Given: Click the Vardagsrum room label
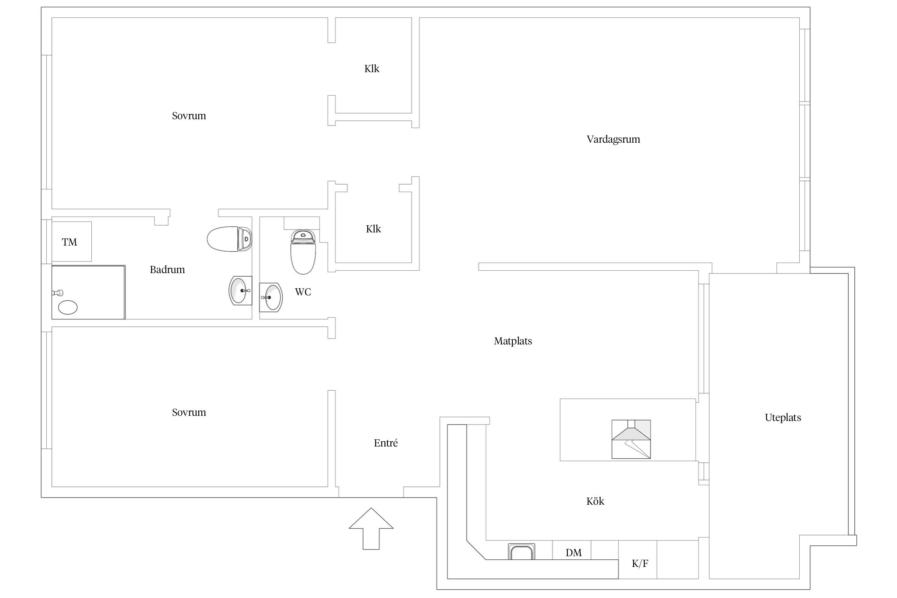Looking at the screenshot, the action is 613,139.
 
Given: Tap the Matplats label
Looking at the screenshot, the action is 513,341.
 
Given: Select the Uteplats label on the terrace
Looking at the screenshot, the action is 783,417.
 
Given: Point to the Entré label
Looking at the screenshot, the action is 386,443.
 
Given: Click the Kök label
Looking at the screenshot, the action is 595,501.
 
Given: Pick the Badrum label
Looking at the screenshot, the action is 167,269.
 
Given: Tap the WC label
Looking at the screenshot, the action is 303,292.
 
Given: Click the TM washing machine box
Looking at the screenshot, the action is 72,242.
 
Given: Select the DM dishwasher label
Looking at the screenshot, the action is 573,553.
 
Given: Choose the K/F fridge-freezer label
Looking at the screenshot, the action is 640,563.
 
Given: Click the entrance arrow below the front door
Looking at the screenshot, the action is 371,529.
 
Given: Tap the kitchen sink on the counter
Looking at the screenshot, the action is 521,551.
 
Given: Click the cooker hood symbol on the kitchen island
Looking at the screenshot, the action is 631,439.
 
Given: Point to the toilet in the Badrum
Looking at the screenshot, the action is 230,239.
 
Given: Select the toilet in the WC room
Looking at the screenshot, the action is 303,252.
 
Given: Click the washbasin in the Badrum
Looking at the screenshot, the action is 240,290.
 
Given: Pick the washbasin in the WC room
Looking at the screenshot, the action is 271,297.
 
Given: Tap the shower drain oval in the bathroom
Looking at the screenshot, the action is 68,307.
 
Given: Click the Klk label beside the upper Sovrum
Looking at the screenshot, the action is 372,69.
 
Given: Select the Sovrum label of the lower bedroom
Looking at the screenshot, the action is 189,412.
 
